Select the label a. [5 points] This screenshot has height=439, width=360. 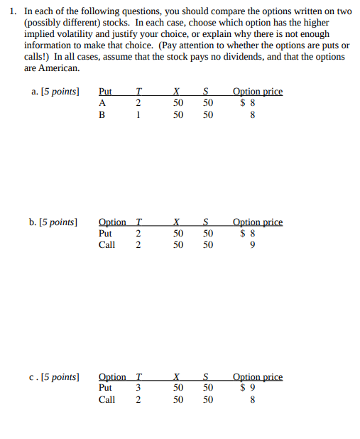(54, 92)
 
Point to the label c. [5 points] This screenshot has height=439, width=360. (54, 376)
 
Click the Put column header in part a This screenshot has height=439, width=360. (105, 92)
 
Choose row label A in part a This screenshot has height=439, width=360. (102, 102)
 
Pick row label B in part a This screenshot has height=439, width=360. (102, 115)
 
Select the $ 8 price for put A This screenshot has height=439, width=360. (247, 102)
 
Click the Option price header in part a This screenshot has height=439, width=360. (257, 92)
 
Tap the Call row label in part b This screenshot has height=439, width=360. (107, 245)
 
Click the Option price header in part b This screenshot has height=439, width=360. (257, 222)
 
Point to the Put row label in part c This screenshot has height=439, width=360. (105, 388)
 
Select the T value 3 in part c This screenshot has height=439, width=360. (138, 388)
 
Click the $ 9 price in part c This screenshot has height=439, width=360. (247, 388)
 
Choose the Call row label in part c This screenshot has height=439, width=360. (107, 400)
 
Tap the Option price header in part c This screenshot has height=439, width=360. (257, 376)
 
